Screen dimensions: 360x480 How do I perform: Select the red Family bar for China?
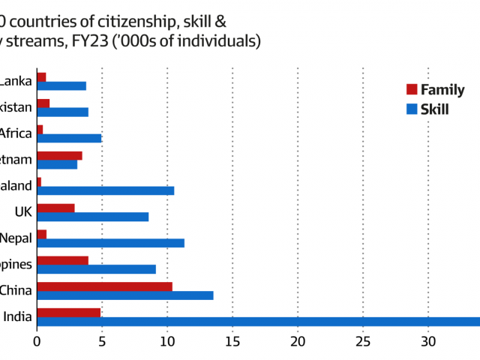click(x=104, y=286)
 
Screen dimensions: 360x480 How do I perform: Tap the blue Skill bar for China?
click(x=124, y=295)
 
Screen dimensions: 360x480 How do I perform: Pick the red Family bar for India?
click(x=68, y=313)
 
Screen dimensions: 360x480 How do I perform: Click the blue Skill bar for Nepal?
click(x=110, y=243)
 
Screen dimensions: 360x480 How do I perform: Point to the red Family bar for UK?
click(x=55, y=208)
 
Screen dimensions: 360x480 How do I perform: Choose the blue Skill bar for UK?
click(x=92, y=217)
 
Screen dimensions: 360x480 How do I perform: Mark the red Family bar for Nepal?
click(x=41, y=234)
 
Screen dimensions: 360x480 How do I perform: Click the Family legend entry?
click(x=434, y=90)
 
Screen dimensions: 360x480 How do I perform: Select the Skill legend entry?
click(x=427, y=109)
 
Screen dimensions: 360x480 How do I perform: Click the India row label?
click(x=17, y=317)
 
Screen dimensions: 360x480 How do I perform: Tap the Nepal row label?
click(x=16, y=238)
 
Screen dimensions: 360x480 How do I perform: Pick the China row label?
click(x=16, y=291)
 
